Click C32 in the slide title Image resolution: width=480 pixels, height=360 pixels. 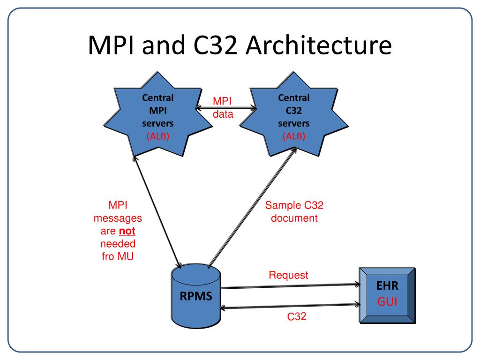(x=218, y=48)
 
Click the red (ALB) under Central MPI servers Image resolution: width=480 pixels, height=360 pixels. (x=157, y=137)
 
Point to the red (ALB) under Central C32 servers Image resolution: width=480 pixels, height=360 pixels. (x=293, y=137)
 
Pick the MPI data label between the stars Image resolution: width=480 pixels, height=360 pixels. (x=223, y=108)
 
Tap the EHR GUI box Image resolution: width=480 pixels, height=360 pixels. (x=387, y=295)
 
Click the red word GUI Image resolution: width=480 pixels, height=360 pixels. (x=388, y=302)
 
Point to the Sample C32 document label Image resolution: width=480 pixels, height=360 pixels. (x=294, y=212)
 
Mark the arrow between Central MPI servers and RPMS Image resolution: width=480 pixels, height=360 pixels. (x=157, y=213)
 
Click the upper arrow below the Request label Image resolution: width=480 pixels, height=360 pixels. (x=291, y=285)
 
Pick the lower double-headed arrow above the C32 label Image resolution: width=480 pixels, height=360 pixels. (x=291, y=306)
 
